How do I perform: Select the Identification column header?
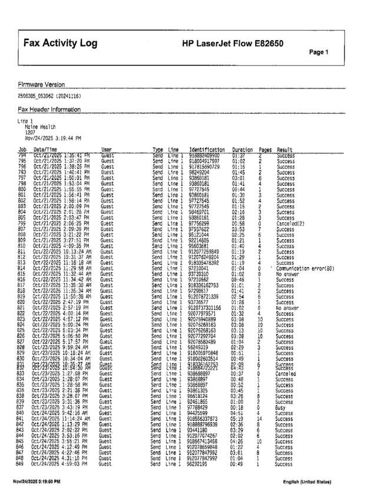point(207,150)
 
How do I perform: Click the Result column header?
point(284,150)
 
